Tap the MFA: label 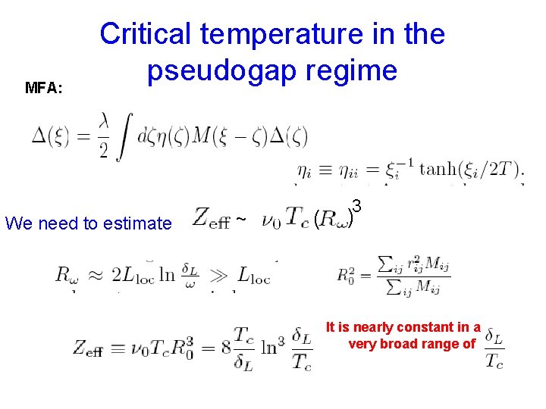[44, 87]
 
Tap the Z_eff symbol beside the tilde [211, 219]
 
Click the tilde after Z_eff [240, 220]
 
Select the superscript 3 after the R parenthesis [356, 206]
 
